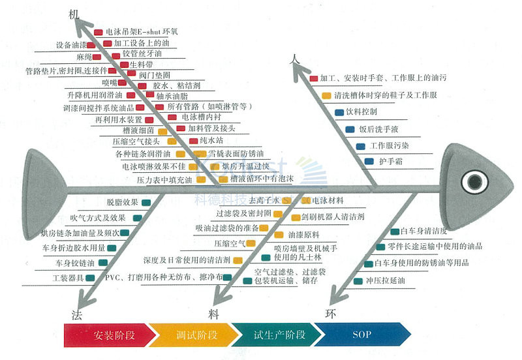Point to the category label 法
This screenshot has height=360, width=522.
pos(76,314)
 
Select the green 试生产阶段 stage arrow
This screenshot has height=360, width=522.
pos(277,336)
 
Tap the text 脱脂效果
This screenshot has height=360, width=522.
pos(122,202)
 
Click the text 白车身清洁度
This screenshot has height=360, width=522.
pos(423,231)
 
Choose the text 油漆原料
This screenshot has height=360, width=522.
pos(303,233)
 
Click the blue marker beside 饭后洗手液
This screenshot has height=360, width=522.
pos(350,129)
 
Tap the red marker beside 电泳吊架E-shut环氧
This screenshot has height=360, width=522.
pos(98,31)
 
